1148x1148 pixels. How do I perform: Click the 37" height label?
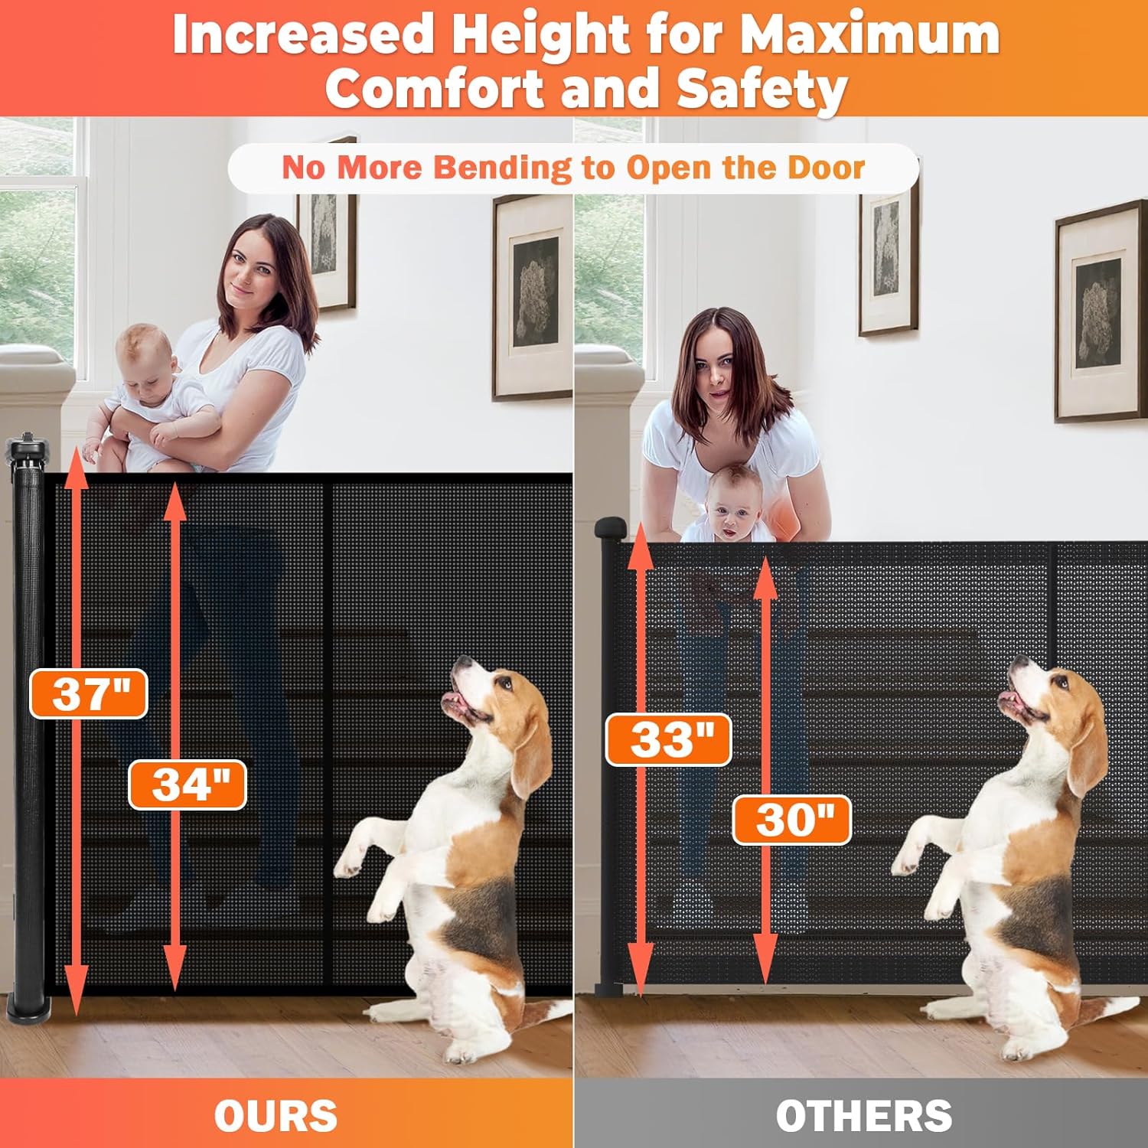89,693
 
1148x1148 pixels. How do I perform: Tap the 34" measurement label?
188,784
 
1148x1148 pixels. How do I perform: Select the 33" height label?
669,740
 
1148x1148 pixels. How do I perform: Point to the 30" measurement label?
792,820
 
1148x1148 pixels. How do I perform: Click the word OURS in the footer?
276,1116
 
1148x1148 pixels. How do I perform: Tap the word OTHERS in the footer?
864,1116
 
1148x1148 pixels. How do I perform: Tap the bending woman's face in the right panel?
716,375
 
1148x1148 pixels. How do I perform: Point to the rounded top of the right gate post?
611,527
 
